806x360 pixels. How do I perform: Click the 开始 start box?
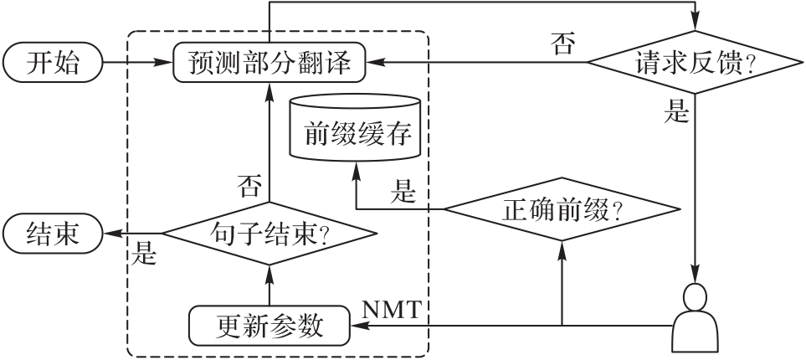(52, 64)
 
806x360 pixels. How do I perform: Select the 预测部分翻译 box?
(270, 64)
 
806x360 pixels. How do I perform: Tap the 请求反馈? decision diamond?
(694, 64)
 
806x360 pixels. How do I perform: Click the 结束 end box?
(52, 233)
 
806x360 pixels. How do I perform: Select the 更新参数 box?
(269, 326)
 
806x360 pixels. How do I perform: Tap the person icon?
(696, 318)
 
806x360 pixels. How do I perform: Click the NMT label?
(396, 309)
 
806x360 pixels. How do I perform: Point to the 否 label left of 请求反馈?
(563, 44)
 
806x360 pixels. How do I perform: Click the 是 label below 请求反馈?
(675, 113)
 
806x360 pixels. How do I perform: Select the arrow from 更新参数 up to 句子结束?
(269, 285)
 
